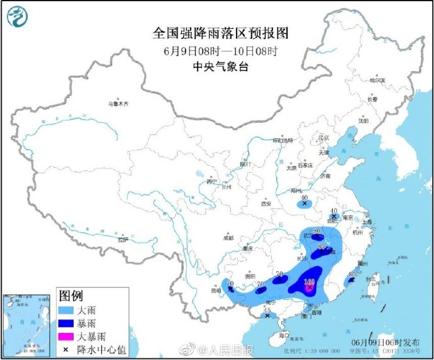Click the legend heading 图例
71,295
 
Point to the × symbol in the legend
66,349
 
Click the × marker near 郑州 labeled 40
304,204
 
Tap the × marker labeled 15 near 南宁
267,316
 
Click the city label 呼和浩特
282,140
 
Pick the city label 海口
284,336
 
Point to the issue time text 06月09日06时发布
386,342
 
